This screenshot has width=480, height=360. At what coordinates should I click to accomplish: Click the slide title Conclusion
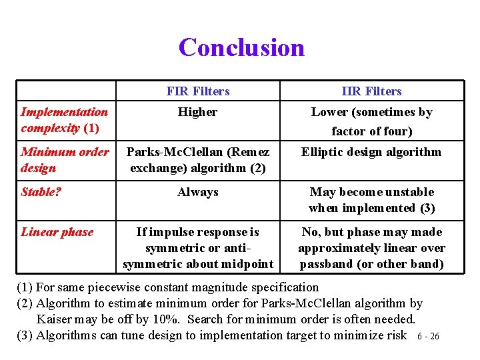tap(241, 47)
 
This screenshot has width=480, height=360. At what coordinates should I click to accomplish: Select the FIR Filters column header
tap(197, 91)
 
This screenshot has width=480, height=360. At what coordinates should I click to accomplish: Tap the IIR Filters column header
tap(371, 91)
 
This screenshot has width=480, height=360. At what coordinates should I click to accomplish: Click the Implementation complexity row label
tap(64, 119)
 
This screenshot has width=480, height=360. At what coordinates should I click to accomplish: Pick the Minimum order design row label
tap(65, 159)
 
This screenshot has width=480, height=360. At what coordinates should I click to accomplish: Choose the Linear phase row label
tap(57, 232)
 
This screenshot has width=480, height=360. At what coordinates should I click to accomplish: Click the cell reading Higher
tap(197, 112)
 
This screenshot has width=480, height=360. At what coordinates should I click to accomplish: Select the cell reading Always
tap(197, 192)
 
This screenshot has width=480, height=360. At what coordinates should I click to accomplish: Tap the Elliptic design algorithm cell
tap(371, 152)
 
